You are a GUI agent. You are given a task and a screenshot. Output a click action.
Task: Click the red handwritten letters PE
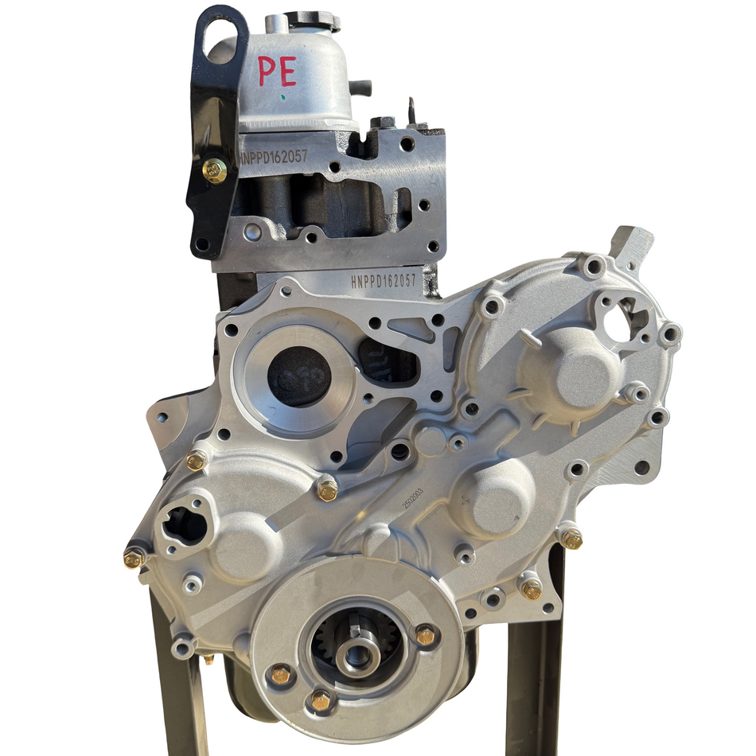[278, 72]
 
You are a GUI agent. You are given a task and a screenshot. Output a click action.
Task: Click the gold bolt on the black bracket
[214, 170]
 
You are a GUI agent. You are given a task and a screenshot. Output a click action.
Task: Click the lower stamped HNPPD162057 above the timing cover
[384, 281]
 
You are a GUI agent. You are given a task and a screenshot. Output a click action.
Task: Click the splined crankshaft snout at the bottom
[356, 645]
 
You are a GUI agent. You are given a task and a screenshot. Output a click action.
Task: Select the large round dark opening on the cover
[298, 376]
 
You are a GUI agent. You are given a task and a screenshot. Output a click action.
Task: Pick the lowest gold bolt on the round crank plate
[321, 699]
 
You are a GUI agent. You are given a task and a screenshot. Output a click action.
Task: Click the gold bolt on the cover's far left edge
[134, 558]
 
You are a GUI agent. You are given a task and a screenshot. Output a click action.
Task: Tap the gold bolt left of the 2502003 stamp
[327, 490]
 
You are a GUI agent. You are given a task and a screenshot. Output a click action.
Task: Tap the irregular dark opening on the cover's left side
[184, 525]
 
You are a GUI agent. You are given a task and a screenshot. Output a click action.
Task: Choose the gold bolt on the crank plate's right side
[426, 635]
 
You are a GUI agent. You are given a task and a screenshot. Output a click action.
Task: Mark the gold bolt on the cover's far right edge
[571, 539]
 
